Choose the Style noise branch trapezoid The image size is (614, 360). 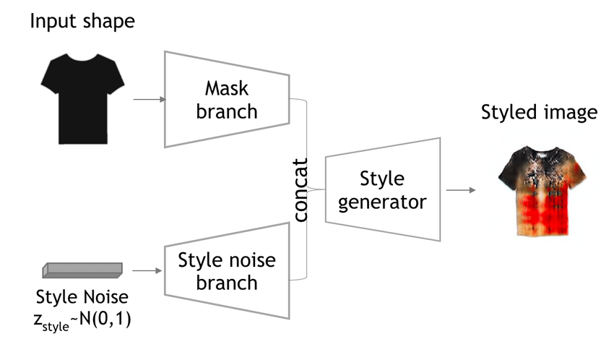(x=227, y=270)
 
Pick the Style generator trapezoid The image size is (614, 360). (x=382, y=189)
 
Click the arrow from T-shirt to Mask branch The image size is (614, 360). (x=149, y=100)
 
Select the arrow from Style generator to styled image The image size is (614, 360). (x=460, y=190)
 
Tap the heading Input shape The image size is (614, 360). (x=82, y=22)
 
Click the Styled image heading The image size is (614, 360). (x=539, y=113)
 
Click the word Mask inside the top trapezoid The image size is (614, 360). (x=227, y=89)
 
